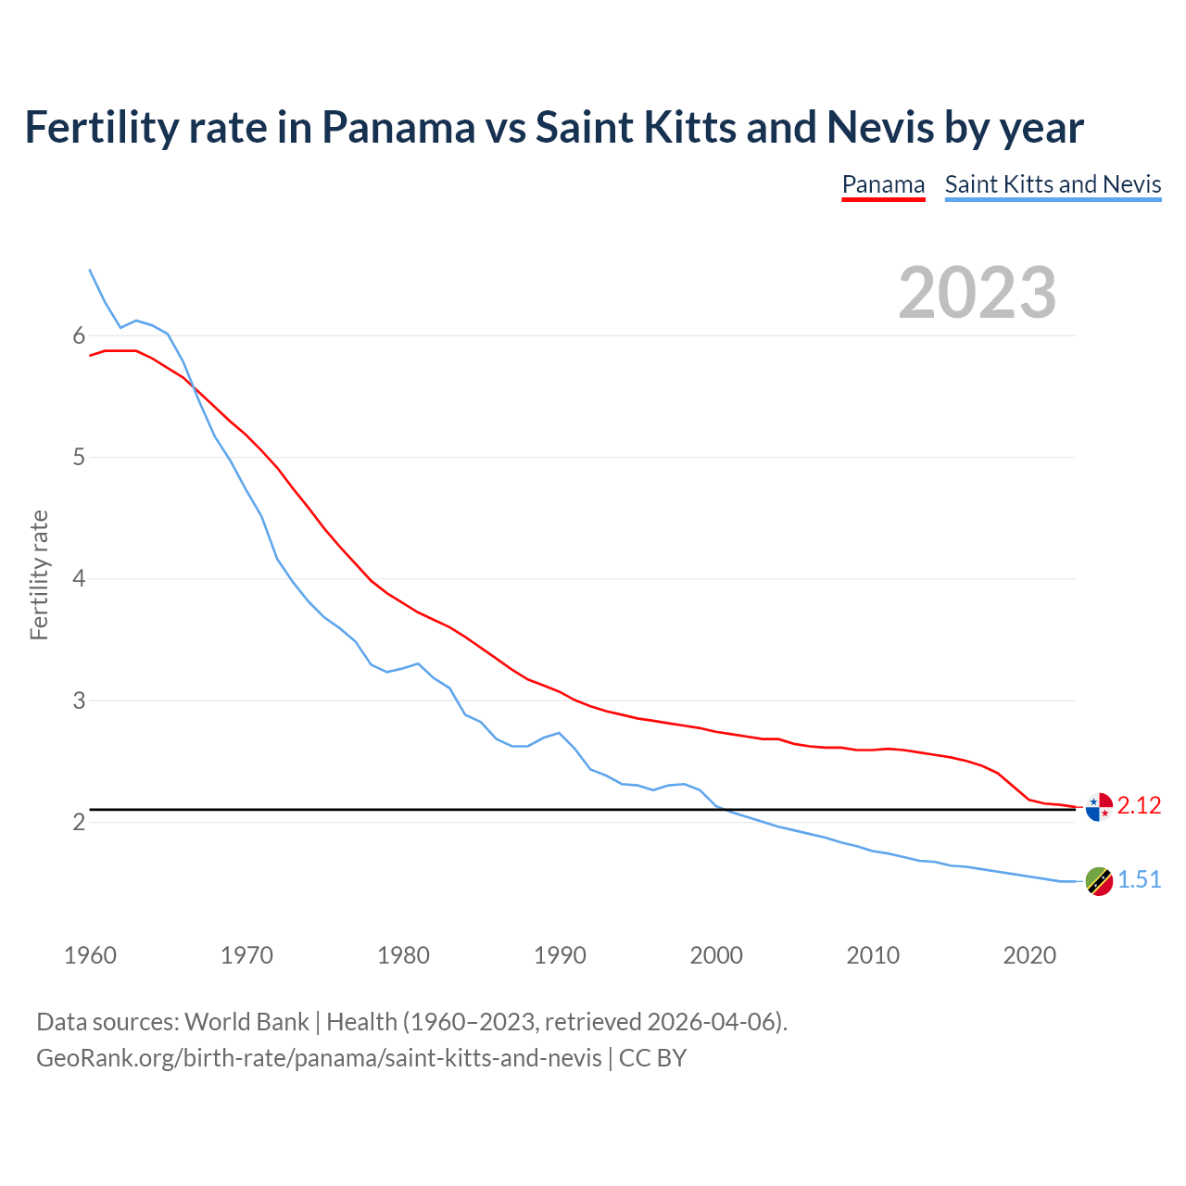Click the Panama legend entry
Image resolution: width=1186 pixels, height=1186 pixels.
tap(883, 184)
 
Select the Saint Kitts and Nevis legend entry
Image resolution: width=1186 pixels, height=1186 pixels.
tap(1053, 184)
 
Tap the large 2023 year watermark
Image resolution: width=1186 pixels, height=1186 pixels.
tap(978, 293)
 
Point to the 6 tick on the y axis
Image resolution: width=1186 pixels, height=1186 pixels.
tap(79, 335)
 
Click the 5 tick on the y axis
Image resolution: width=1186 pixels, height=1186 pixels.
tap(79, 457)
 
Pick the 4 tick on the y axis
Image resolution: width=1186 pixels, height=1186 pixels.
tap(79, 579)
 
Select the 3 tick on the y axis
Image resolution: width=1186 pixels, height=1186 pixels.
tap(79, 700)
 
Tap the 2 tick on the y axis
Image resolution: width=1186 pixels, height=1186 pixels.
tap(79, 822)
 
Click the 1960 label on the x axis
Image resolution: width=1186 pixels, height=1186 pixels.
tap(90, 955)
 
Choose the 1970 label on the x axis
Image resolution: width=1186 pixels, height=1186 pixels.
tap(246, 955)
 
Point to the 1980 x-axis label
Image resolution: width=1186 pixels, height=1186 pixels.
tap(403, 955)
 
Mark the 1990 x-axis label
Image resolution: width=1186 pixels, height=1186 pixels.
tap(560, 955)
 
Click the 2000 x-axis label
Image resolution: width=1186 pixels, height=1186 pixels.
tap(716, 955)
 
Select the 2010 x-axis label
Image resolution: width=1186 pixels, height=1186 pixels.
tap(873, 955)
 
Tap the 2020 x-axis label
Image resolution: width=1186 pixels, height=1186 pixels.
tap(1029, 955)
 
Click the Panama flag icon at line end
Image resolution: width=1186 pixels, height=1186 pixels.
tap(1098, 807)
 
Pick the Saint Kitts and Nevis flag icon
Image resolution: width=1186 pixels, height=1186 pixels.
tap(1098, 881)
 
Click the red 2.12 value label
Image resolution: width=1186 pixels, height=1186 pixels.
tap(1139, 806)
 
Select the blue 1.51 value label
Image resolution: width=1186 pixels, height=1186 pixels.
tap(1139, 880)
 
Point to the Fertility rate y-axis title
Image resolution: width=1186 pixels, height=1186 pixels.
tap(39, 574)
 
